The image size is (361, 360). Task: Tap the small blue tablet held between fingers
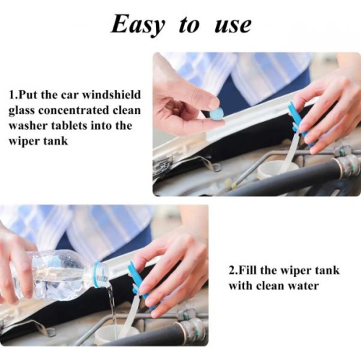pos(214,113)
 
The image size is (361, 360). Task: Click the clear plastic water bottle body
pos(54,276)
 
